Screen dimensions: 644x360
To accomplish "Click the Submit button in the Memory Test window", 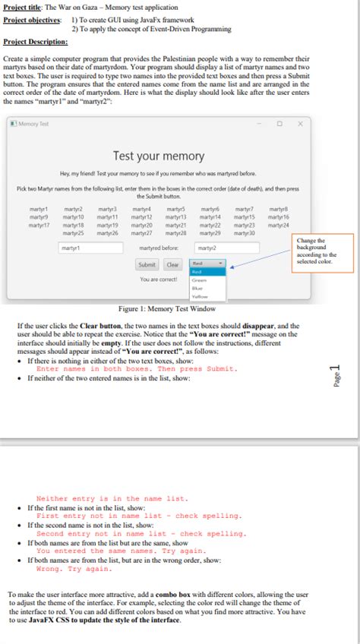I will pos(147,265).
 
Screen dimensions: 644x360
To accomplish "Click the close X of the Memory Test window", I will pos(299,123).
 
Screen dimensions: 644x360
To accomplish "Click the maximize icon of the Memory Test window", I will pos(279,123).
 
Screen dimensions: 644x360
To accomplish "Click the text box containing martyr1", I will pos(81,248).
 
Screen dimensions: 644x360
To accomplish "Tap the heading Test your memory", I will pos(159,156).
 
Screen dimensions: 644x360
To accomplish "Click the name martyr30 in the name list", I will pos(245,232).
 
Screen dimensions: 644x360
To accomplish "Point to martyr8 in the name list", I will pos(279,209).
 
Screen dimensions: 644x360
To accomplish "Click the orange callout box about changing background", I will pos(324,251).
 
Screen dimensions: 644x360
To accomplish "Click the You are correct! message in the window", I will pos(159,279).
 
